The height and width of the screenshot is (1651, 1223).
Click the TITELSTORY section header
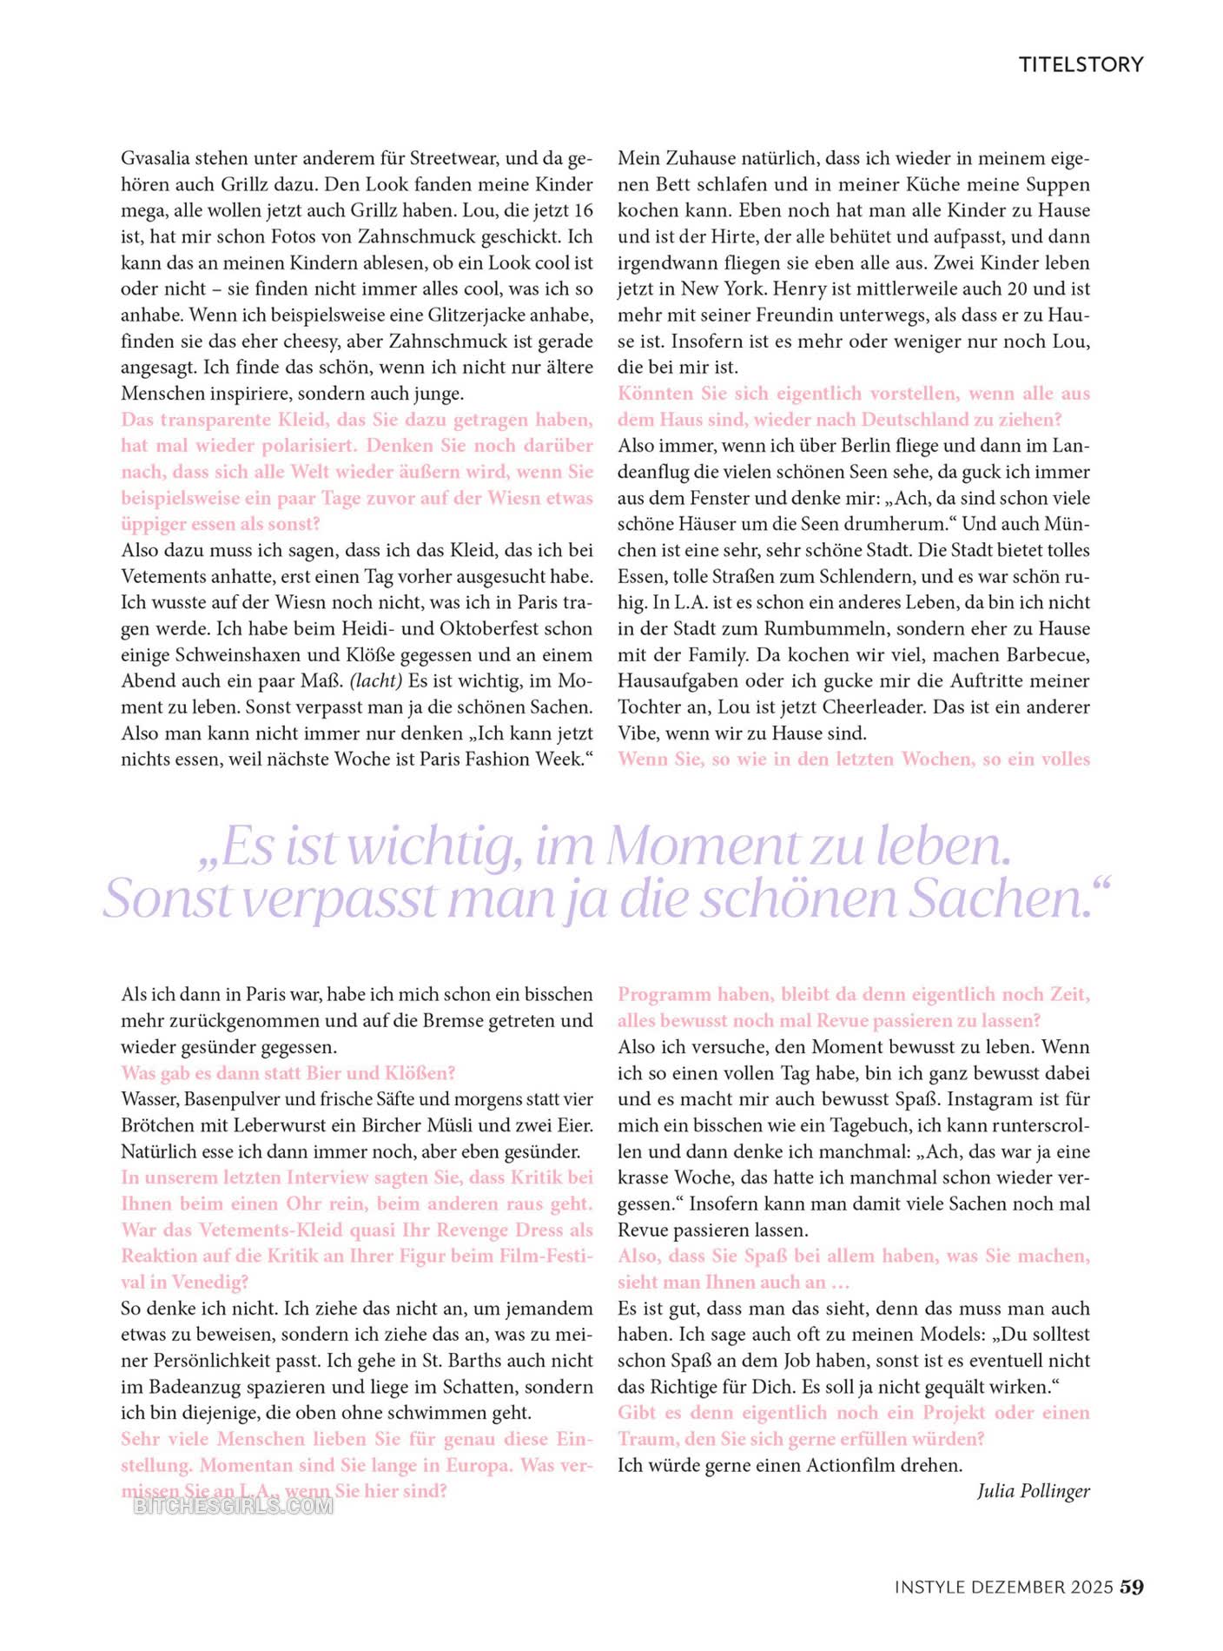(1081, 64)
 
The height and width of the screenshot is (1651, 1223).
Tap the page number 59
(1132, 1587)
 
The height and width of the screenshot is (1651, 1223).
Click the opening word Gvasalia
(155, 158)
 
